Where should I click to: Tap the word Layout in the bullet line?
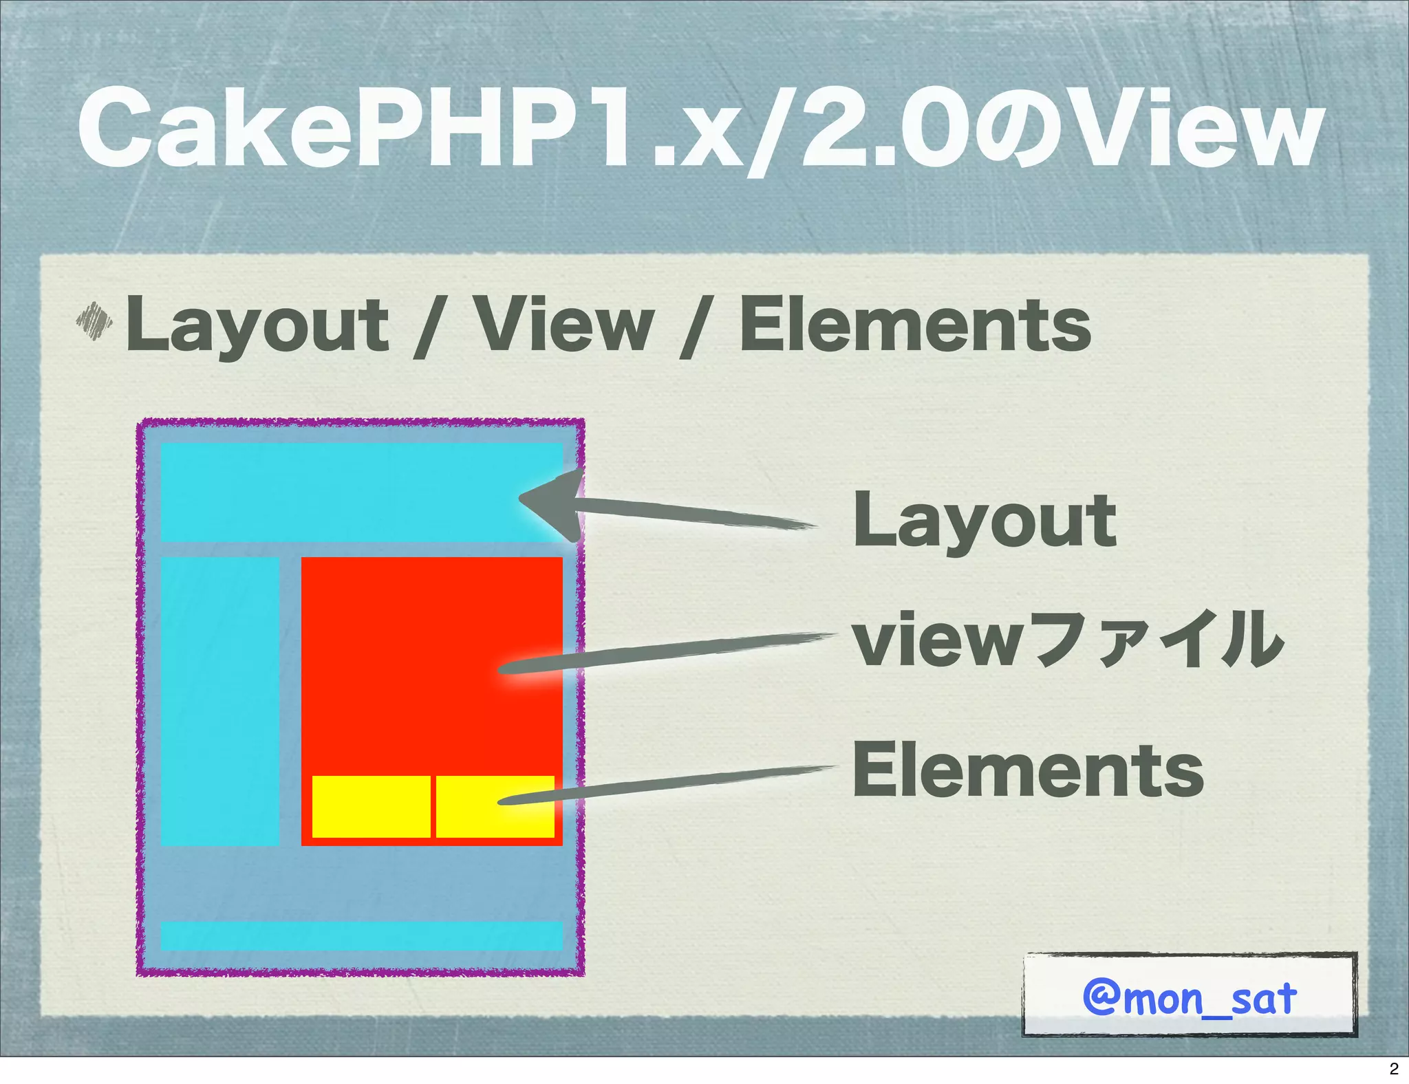257,325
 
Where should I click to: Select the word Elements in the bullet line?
914,325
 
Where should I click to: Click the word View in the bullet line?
564,325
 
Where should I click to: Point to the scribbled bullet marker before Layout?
94,321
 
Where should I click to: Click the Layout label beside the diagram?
984,521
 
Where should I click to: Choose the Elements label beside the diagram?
1028,770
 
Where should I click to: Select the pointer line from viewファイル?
667,652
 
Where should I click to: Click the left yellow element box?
372,807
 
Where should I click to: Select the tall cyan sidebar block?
219,700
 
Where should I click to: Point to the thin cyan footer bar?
361,935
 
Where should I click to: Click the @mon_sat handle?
1190,997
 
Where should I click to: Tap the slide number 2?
1394,1069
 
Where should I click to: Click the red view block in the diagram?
413,653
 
